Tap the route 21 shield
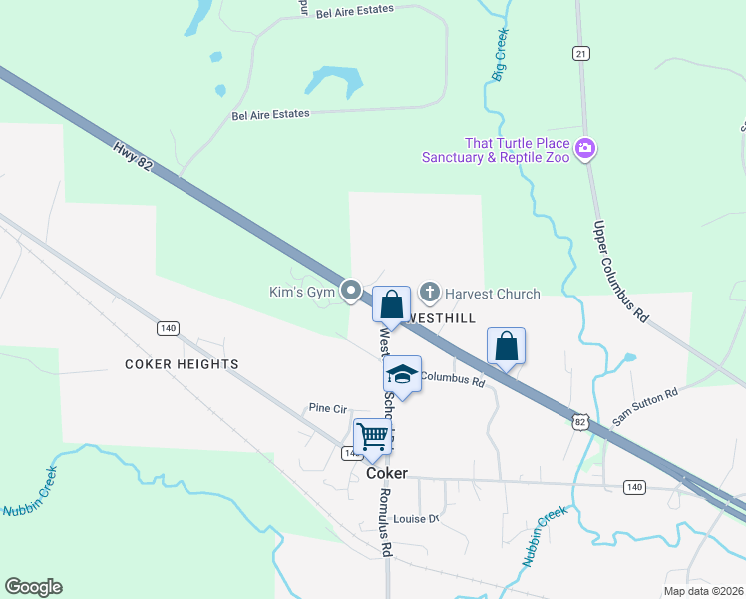(581, 52)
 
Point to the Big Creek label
(502, 55)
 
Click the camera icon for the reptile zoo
(585, 149)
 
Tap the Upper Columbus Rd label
(621, 271)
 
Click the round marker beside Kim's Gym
(351, 291)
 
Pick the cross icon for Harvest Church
(430, 293)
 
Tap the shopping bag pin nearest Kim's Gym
(392, 303)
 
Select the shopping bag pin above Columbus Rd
(507, 346)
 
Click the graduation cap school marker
(402, 374)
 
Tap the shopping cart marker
(372, 436)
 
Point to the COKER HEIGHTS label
(182, 364)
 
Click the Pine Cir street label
(327, 408)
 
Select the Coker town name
(387, 474)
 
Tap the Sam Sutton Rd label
(645, 407)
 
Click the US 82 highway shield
(580, 422)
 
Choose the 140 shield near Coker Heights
(168, 327)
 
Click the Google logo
(33, 587)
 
